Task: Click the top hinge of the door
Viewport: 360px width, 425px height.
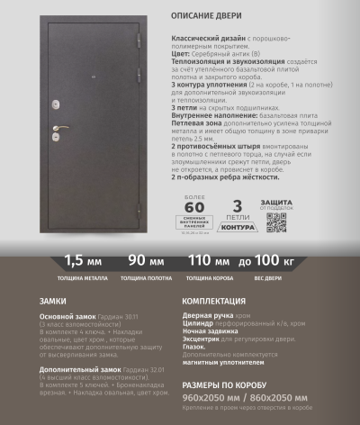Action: pyautogui.click(x=138, y=41)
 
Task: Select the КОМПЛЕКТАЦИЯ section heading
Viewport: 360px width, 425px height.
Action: pyautogui.click(x=217, y=299)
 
